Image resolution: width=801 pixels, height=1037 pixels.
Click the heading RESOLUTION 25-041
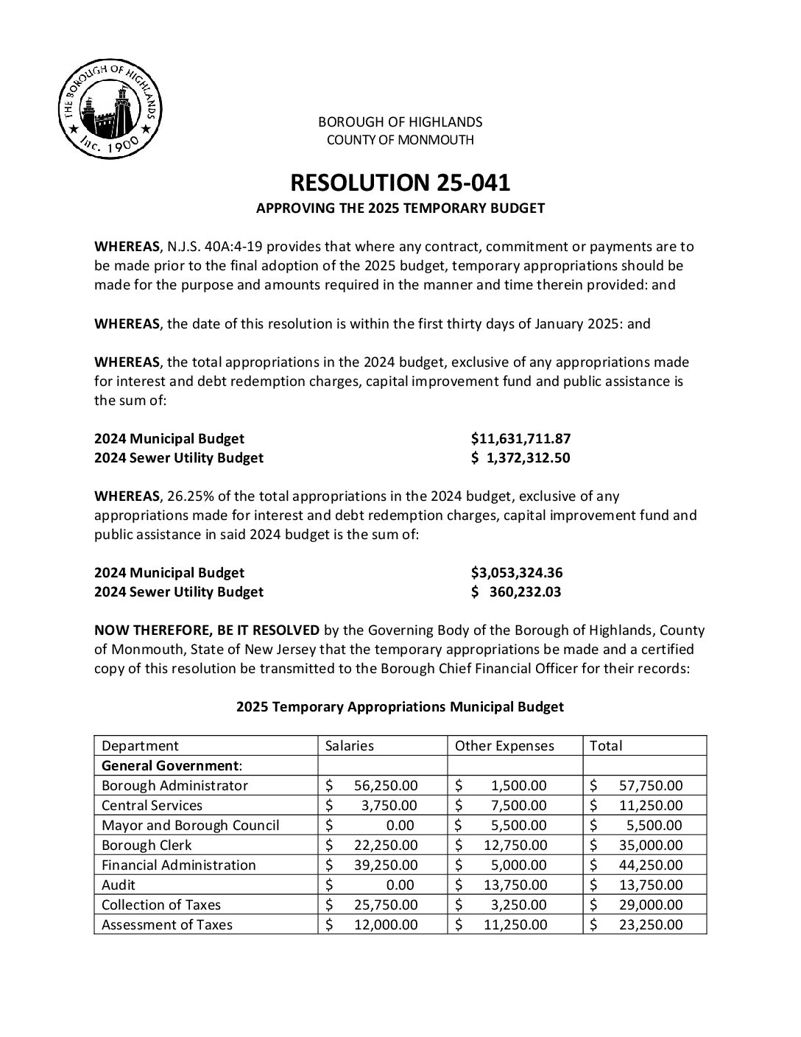coord(400,182)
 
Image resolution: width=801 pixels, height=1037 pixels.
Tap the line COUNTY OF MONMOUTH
coord(400,140)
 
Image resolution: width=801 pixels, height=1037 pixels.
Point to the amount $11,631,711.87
coord(521,439)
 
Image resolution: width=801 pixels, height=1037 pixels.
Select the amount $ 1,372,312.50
coord(521,458)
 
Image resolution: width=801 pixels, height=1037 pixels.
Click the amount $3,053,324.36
coord(517,573)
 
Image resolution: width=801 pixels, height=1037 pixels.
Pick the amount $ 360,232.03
coord(517,592)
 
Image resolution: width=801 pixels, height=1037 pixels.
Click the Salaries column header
coord(350,746)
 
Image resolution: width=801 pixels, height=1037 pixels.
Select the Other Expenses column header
coord(504,746)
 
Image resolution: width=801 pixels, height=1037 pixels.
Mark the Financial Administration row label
coord(179,865)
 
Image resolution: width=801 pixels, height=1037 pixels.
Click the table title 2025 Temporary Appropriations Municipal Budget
coord(400,707)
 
